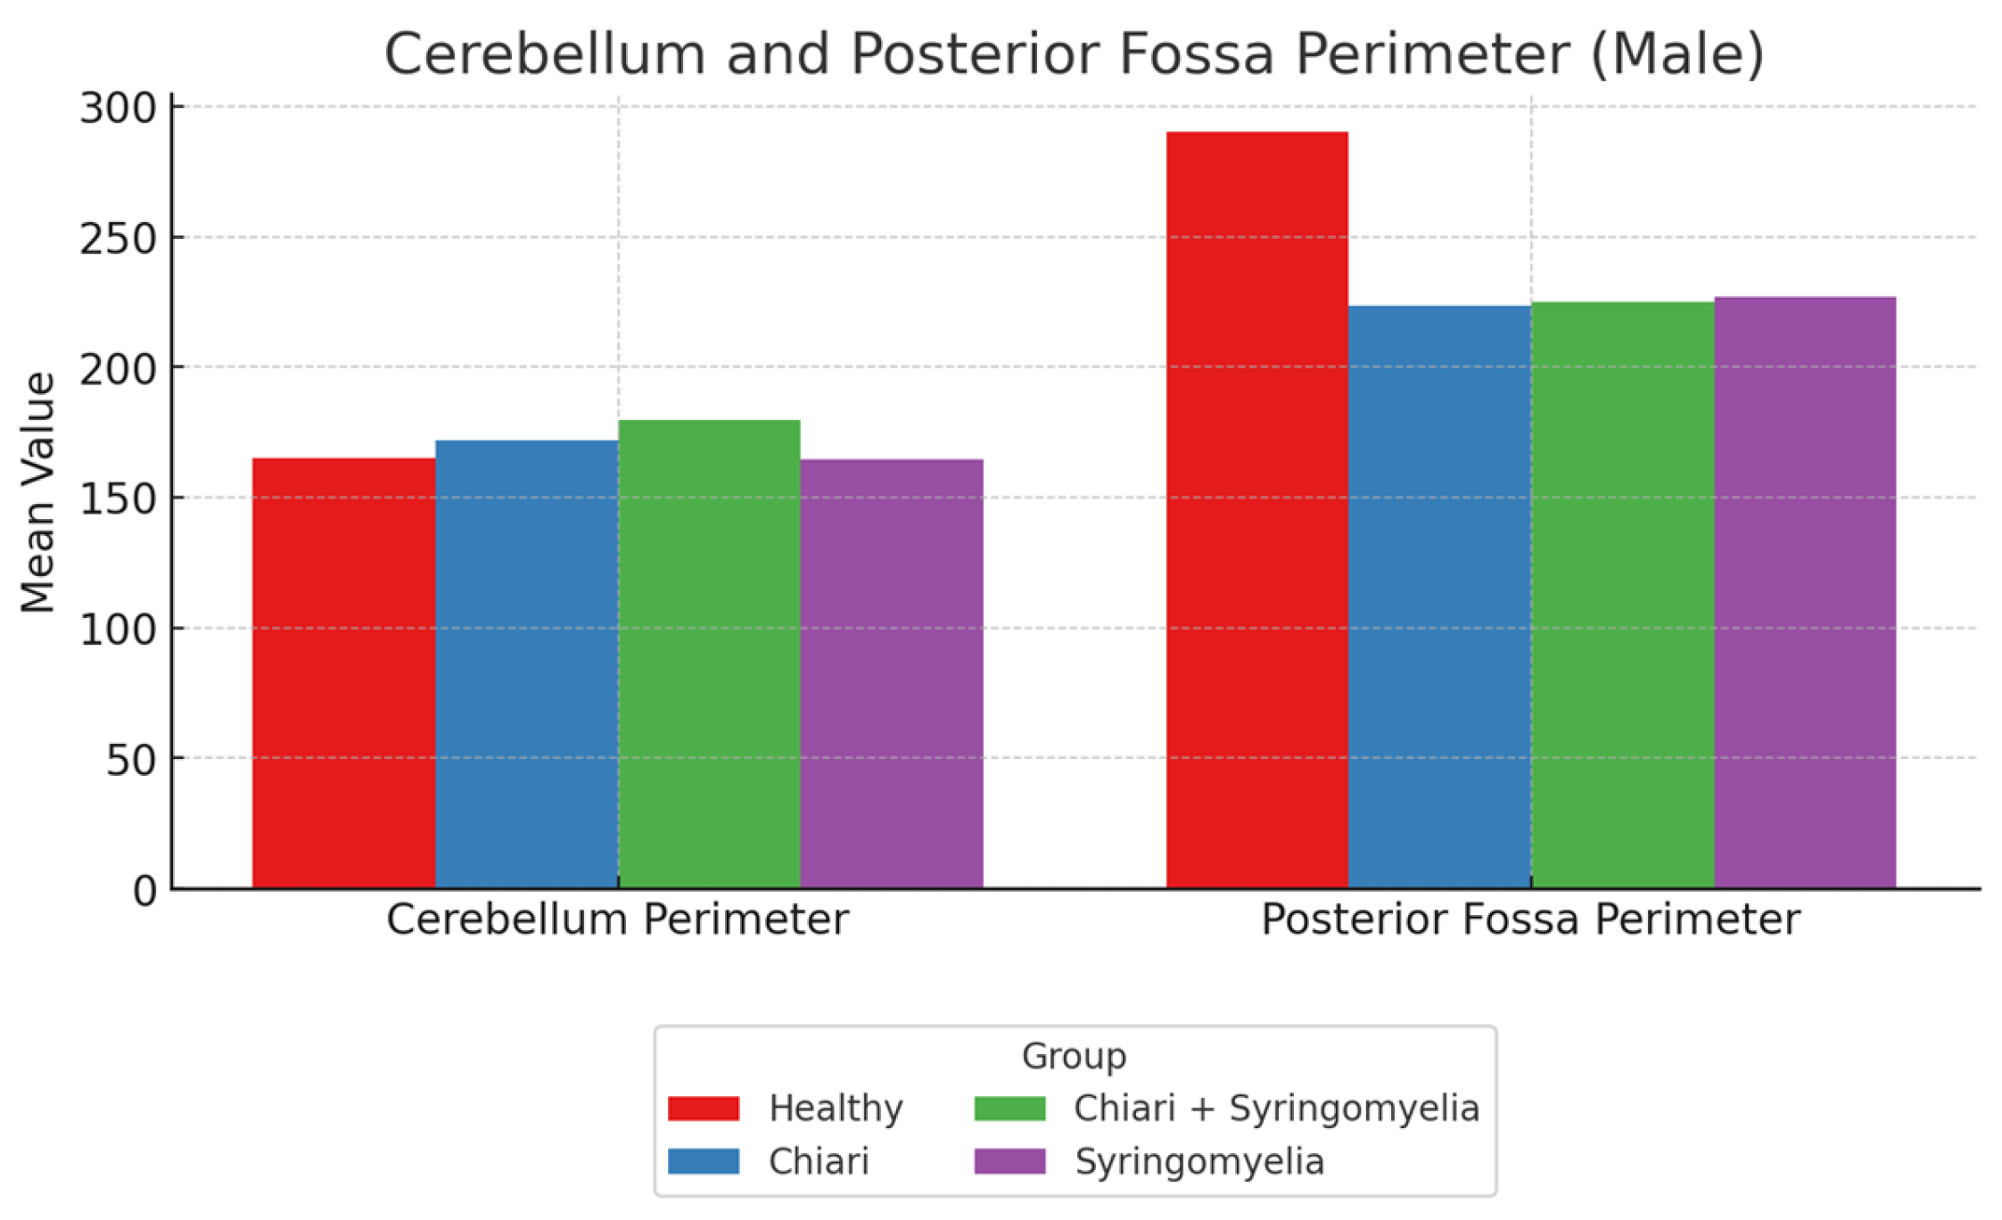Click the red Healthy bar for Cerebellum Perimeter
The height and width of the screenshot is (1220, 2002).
[343, 673]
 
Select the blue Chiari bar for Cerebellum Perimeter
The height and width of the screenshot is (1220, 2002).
[526, 664]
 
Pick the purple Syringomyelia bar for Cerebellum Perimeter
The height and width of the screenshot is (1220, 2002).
[892, 673]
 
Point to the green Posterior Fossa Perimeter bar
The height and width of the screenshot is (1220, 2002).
[1622, 595]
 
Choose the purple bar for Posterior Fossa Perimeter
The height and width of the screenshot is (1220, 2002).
[1805, 592]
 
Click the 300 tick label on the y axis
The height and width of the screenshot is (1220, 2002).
[118, 109]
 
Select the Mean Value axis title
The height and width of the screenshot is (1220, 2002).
[37, 493]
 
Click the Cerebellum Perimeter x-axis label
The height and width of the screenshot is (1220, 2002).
[617, 920]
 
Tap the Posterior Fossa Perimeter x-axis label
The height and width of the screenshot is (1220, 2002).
[1530, 920]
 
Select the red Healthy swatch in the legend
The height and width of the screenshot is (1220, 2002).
[704, 1109]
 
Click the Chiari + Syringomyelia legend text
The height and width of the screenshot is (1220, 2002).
[1276, 1109]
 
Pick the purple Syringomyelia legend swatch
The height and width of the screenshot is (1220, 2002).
[1009, 1162]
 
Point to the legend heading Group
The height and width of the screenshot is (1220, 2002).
[1074, 1056]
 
